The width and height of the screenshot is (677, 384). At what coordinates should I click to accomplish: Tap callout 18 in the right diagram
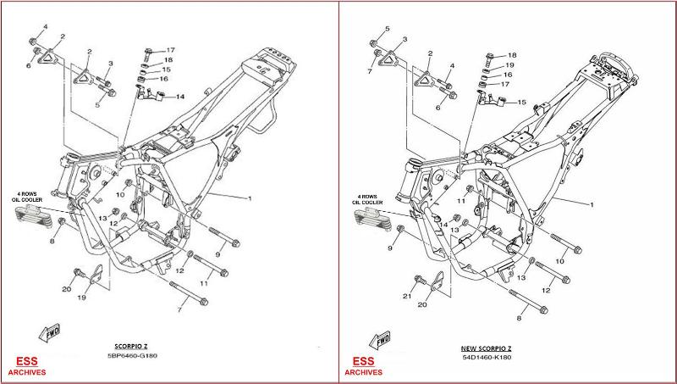[x=512, y=54]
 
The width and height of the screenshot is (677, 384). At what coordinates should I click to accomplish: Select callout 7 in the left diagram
[x=179, y=310]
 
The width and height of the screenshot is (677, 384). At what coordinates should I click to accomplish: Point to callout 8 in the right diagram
[x=519, y=319]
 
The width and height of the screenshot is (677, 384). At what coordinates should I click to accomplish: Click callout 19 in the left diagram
[x=83, y=298]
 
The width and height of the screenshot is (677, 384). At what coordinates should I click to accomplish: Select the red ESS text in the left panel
[x=20, y=360]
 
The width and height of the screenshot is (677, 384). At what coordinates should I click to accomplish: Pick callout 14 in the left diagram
[x=179, y=97]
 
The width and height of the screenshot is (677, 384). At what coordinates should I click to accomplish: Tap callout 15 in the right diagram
[x=521, y=102]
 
